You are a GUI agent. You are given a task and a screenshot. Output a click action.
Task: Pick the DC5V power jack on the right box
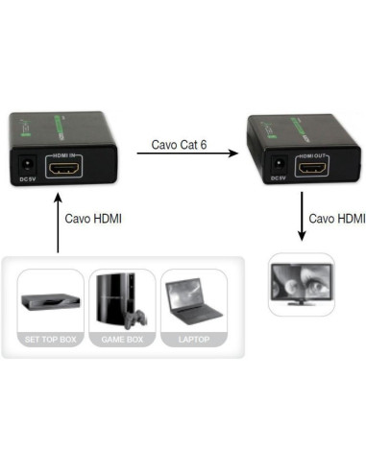click(277, 162)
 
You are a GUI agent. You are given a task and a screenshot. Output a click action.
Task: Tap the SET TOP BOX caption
click(50, 340)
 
